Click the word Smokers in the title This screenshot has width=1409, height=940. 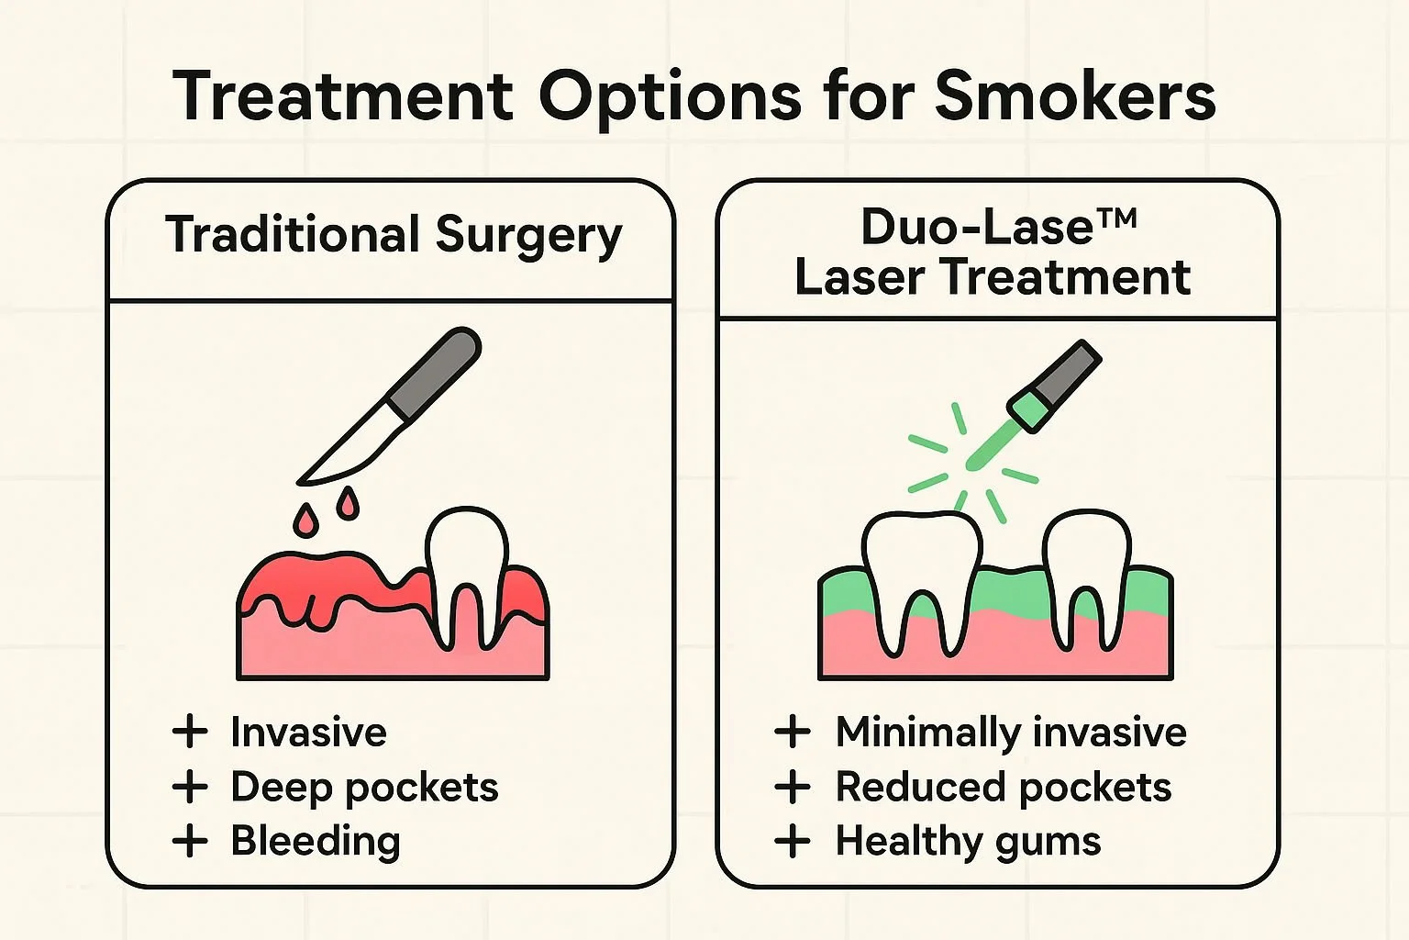pos(1074,95)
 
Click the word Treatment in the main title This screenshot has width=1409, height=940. pos(343,95)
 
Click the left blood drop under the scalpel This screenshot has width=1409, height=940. pos(305,520)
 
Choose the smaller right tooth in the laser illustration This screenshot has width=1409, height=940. pos(1087,580)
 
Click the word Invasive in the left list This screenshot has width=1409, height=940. pos(308,732)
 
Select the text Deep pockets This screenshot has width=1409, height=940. pos(364,788)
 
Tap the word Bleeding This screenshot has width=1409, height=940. pos(316,841)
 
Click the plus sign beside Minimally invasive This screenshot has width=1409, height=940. pos(792,733)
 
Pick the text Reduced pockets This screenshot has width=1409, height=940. pos(1004,788)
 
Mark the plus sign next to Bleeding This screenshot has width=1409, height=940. pos(189,841)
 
